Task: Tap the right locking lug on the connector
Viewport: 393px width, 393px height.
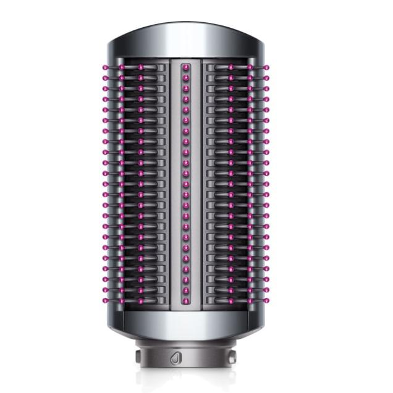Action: [x=234, y=357]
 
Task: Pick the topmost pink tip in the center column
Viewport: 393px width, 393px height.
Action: [x=185, y=65]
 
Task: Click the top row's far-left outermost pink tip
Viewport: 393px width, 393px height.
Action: [x=104, y=67]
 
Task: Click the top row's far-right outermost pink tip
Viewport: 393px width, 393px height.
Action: [x=267, y=67]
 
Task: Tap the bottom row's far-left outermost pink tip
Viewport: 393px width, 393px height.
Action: [x=104, y=301]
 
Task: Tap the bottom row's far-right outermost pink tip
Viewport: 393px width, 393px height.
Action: [x=267, y=301]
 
